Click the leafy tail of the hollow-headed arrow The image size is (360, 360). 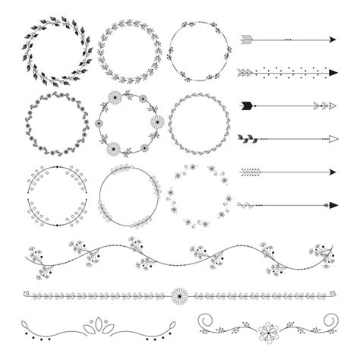click(249, 138)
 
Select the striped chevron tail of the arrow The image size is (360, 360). click(249, 171)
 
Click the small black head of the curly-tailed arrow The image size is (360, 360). click(332, 204)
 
